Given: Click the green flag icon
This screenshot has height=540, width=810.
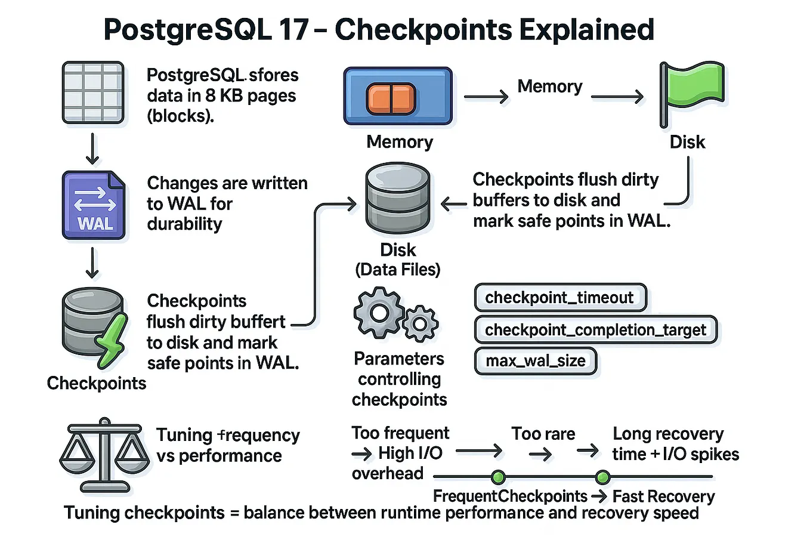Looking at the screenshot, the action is pyautogui.click(x=692, y=95).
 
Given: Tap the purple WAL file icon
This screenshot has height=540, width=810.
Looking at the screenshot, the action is pyautogui.click(x=94, y=205).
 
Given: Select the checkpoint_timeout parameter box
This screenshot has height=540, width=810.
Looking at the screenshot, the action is pyautogui.click(x=561, y=298).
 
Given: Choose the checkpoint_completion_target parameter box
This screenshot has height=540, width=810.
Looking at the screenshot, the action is pyautogui.click(x=595, y=329).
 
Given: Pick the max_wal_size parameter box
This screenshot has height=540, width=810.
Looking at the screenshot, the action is pyautogui.click(x=536, y=360).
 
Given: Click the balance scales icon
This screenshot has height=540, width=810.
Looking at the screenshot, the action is pyautogui.click(x=104, y=455).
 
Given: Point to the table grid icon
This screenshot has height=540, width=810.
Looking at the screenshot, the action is pyautogui.click(x=93, y=92).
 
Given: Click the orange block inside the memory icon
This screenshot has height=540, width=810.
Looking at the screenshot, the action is pyautogui.click(x=391, y=98).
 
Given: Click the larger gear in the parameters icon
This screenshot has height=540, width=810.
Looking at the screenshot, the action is pyautogui.click(x=379, y=313).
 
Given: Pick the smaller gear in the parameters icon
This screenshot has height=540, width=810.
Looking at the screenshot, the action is pyautogui.click(x=420, y=324).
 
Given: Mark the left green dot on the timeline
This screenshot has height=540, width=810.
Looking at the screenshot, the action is pyautogui.click(x=498, y=477).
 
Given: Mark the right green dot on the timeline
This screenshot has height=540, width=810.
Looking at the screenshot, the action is pyautogui.click(x=602, y=477).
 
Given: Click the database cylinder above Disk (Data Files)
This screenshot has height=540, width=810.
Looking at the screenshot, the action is pyautogui.click(x=397, y=199).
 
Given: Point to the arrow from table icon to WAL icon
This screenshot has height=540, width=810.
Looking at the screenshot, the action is pyautogui.click(x=92, y=149).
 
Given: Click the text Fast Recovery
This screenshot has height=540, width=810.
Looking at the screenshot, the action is pyautogui.click(x=663, y=496).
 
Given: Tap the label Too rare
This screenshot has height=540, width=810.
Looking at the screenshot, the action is pyautogui.click(x=543, y=434).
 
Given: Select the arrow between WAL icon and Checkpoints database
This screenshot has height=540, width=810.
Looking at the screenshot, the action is pyautogui.click(x=92, y=263).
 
